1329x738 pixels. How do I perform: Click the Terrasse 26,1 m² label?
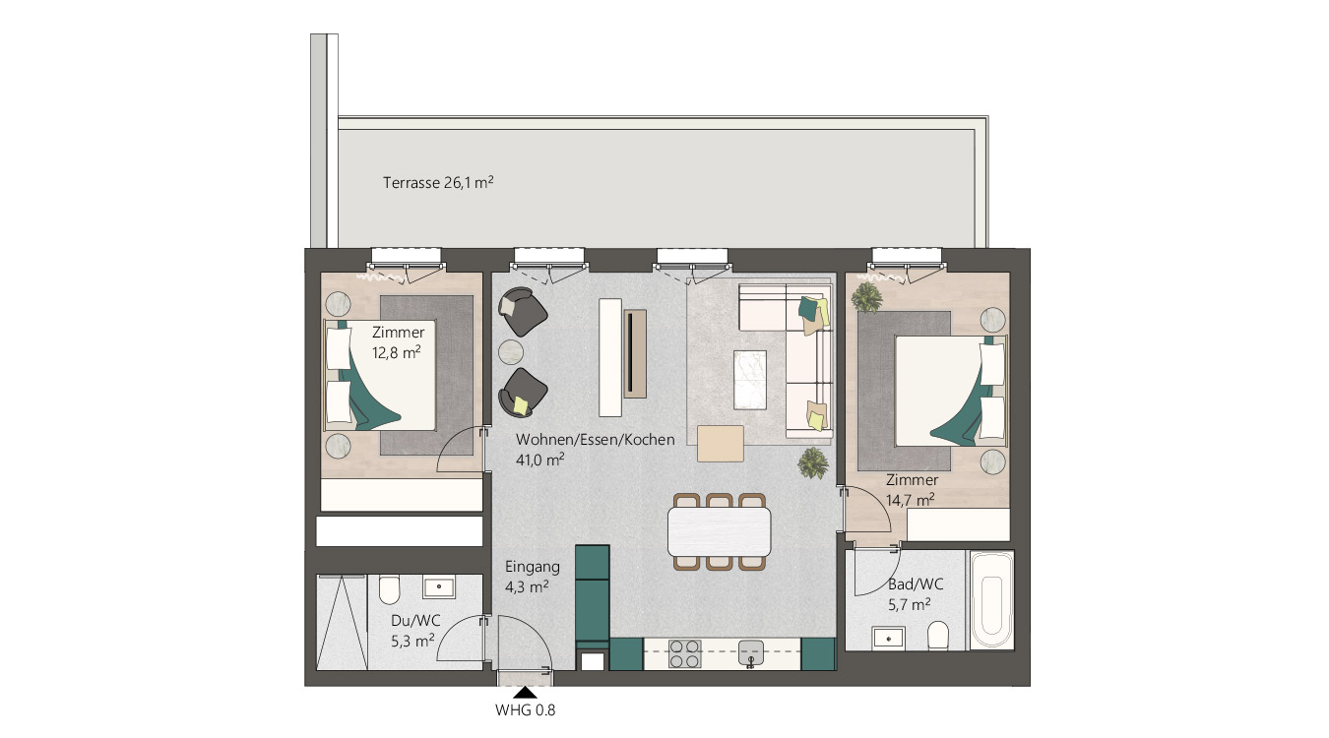click(x=438, y=182)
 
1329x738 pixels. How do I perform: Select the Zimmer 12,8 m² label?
click(x=397, y=341)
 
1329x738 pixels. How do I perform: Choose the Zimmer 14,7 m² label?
click(x=911, y=490)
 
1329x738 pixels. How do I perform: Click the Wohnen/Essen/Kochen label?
click(x=595, y=449)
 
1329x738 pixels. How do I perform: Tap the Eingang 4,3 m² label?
click(x=532, y=576)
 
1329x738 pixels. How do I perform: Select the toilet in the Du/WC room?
click(x=389, y=590)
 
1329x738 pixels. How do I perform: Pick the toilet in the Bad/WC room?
click(x=938, y=635)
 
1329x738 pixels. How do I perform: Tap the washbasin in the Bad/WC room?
click(x=890, y=637)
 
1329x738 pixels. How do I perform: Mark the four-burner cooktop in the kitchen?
click(x=685, y=654)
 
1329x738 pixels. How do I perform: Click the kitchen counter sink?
click(x=751, y=651)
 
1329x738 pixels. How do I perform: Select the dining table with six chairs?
click(x=719, y=531)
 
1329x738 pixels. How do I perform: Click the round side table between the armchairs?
click(x=513, y=351)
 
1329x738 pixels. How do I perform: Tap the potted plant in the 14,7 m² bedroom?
click(x=867, y=296)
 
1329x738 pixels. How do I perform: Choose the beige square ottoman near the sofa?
click(x=720, y=442)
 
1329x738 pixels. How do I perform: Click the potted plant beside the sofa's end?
click(x=813, y=461)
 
